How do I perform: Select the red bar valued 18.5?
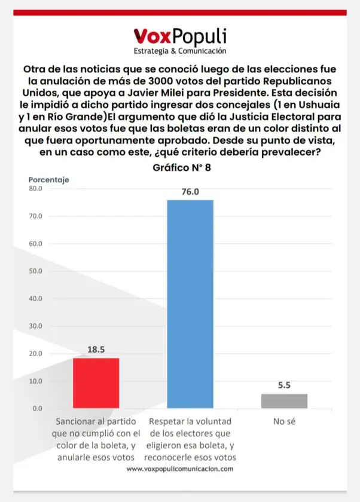click(x=96, y=382)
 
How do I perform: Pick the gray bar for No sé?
click(x=284, y=401)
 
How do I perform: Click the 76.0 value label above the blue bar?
click(x=190, y=192)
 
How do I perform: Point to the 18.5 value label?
click(x=96, y=350)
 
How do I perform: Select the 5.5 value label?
click(x=284, y=386)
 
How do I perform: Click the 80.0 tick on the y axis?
click(x=35, y=189)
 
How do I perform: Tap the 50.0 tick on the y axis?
click(x=35, y=271)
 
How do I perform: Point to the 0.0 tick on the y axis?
click(x=37, y=409)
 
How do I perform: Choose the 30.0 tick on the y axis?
click(x=35, y=326)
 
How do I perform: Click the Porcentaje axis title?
click(x=49, y=179)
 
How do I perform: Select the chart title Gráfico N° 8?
click(x=182, y=168)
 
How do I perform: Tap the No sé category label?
click(x=285, y=421)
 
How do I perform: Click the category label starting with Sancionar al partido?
click(x=96, y=439)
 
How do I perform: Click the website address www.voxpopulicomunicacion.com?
click(x=180, y=469)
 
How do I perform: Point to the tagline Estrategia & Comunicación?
click(x=179, y=51)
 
